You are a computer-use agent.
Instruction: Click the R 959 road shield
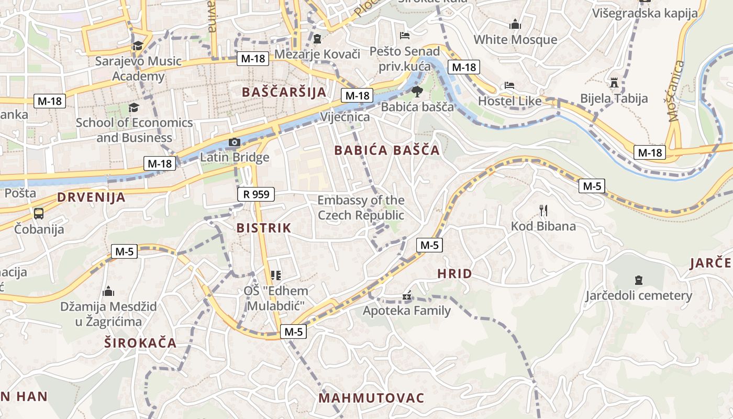pos(256,194)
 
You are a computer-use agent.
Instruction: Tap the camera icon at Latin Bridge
pos(234,142)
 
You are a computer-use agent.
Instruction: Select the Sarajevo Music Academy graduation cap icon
pos(138,46)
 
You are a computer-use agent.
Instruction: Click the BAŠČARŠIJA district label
pos(284,92)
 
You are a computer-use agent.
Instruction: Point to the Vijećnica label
pos(345,116)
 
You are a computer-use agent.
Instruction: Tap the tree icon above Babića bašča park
pos(417,92)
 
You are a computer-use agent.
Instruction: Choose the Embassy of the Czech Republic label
pos(361,207)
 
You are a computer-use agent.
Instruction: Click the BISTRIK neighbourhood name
pos(263,228)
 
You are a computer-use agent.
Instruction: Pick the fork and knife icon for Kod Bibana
pos(543,211)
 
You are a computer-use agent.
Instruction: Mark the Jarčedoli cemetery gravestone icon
pos(638,280)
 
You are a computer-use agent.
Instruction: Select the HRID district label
pos(454,273)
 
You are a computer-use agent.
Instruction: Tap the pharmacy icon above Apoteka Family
pos(406,296)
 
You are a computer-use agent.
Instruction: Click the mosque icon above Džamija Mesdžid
pos(108,291)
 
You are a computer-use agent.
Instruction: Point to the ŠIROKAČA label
pos(140,343)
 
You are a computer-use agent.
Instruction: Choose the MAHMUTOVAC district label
pos(371,398)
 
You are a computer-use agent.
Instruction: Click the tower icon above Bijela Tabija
pos(614,83)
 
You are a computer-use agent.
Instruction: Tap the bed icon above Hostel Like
pos(509,85)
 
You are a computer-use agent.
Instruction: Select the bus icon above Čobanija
pos(39,214)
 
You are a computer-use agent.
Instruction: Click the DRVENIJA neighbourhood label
pos(91,197)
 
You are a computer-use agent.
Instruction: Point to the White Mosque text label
pos(515,40)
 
